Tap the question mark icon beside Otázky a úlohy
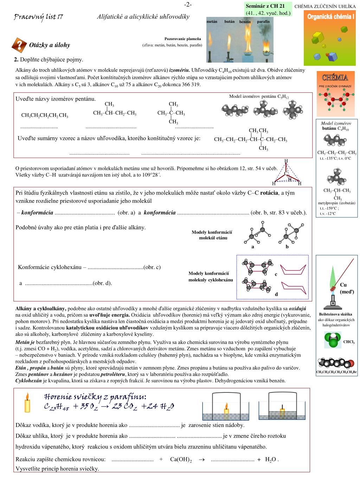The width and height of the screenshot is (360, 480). tap(20, 45)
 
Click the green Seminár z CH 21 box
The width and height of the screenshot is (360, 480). tap(268, 9)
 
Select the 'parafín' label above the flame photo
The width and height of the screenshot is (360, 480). tap(263, 21)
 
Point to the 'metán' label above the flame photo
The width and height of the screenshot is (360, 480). tap(212, 21)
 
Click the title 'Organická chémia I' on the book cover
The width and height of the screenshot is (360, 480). tap(330, 17)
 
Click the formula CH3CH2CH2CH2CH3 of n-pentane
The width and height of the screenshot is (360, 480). tap(45, 115)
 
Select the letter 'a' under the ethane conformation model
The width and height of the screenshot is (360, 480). tap(252, 247)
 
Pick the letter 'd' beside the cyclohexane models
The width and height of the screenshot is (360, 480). tap(276, 294)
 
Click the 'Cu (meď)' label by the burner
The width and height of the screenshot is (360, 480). tap(347, 288)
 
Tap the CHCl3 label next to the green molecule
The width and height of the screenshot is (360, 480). tap(349, 342)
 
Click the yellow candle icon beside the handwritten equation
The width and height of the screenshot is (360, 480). tap(27, 403)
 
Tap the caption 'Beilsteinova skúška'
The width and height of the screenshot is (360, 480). tap(335, 314)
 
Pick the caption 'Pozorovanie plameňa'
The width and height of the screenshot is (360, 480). tap(183, 39)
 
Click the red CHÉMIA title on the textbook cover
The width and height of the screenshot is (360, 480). tap(335, 77)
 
